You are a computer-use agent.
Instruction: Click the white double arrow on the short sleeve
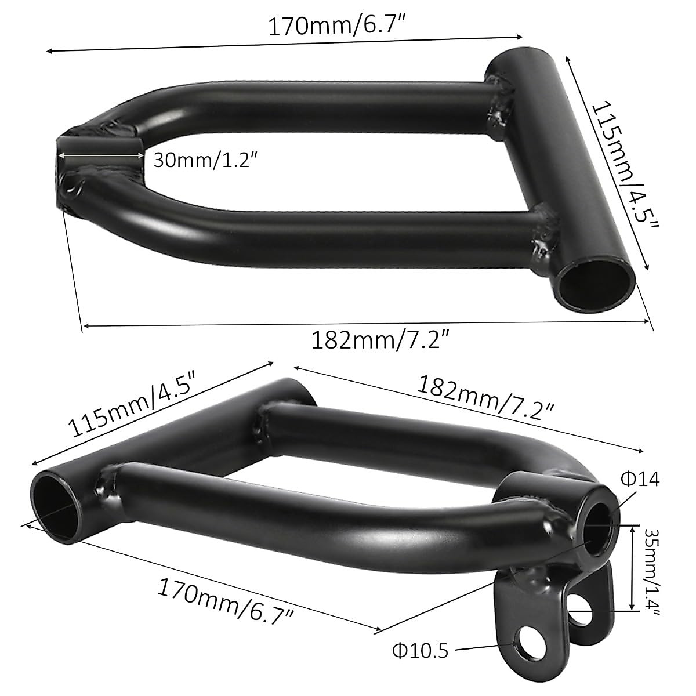click(x=100, y=155)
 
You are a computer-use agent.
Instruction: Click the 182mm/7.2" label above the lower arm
click(x=485, y=401)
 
